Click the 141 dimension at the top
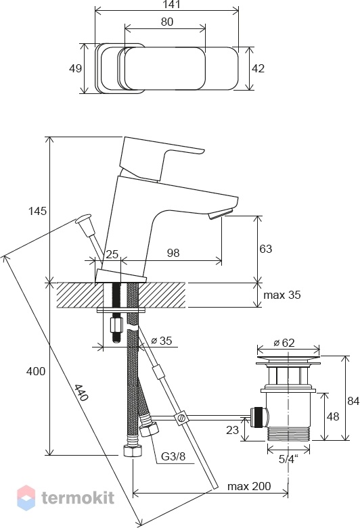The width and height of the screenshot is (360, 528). point(172,5)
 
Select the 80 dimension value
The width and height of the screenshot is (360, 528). point(167,22)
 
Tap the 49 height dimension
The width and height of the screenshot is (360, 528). point(75,68)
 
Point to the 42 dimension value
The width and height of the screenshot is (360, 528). point(258,68)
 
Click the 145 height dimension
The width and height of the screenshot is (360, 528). point(37,211)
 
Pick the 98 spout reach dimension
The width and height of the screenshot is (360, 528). point(173,253)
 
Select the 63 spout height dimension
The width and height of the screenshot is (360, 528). point(266,249)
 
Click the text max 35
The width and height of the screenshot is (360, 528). point(282,295)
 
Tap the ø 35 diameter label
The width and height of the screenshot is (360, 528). point(162,341)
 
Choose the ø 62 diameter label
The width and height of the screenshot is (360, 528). point(284,343)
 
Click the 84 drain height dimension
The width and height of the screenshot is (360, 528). point(354,401)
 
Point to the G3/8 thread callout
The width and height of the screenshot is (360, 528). point(173,456)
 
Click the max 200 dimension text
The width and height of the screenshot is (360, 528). point(249,486)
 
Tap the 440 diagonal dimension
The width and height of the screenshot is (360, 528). point(81,393)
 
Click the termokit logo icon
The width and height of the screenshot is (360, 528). point(26,498)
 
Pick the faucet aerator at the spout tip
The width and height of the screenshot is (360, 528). point(221,215)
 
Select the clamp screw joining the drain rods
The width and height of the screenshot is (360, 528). point(181,418)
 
